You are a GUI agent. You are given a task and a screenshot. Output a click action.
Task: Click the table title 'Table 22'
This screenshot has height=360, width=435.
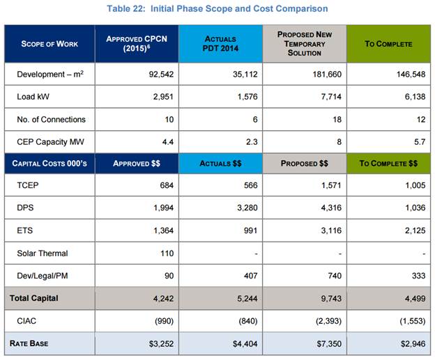tap(217, 8)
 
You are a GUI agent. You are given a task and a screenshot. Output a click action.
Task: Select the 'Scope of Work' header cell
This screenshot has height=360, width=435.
tap(49, 44)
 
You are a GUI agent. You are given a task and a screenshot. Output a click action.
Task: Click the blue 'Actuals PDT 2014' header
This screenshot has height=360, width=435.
tap(220, 44)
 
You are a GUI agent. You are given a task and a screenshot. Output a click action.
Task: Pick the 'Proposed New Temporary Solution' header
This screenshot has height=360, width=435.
tap(304, 44)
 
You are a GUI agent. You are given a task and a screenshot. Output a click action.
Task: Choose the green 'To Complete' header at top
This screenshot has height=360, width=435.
tap(388, 44)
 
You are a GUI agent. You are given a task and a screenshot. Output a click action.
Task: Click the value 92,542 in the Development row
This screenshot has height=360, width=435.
tap(159, 74)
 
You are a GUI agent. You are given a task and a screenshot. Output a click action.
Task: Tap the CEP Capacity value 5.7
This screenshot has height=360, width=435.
tap(418, 142)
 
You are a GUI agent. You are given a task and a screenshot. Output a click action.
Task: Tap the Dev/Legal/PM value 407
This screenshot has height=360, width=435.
tap(247, 275)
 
